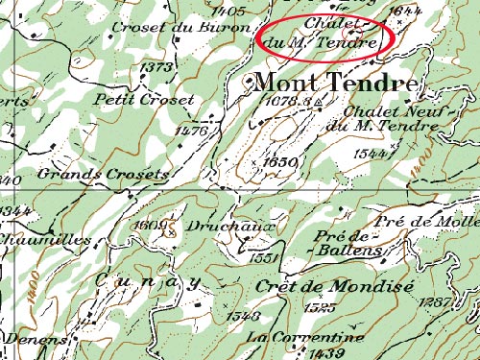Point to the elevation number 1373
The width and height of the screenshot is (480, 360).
click(156, 67)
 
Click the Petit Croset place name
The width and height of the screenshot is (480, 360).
click(144, 99)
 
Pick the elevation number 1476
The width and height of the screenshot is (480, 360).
click(193, 130)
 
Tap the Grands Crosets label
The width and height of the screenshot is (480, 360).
click(104, 174)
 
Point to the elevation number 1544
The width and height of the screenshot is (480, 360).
click(368, 153)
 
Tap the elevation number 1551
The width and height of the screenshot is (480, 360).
click(262, 258)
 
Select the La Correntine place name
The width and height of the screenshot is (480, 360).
click(305, 338)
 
